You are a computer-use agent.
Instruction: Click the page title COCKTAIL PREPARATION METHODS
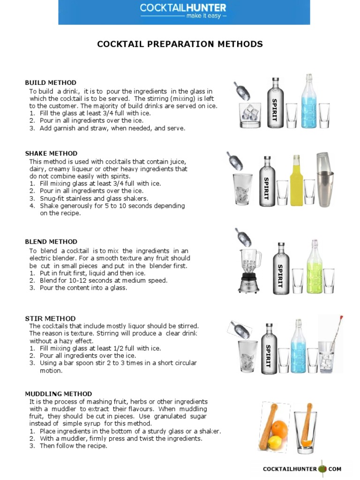(180, 44)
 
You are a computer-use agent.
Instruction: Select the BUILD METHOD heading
(51, 82)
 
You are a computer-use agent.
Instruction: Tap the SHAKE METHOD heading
(51, 153)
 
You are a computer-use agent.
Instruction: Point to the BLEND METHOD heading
(51, 241)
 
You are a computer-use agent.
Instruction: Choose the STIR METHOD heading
(50, 318)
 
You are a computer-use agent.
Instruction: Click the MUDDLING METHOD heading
(59, 394)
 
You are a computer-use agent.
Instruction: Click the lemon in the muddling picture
(276, 442)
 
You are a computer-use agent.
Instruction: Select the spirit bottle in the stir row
(269, 349)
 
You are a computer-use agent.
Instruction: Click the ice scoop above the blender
(243, 237)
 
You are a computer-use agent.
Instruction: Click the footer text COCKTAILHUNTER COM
(302, 468)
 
